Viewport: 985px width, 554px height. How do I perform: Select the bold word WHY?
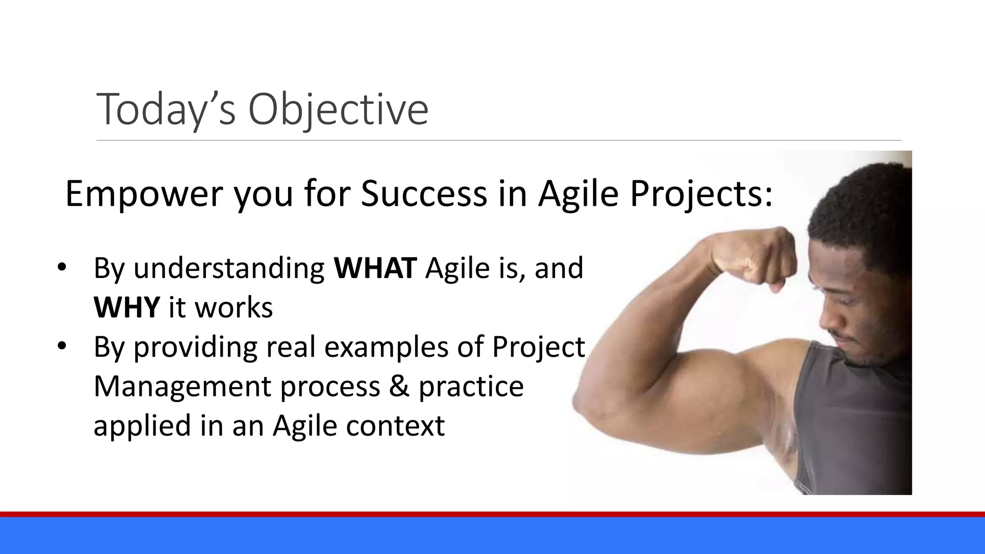[x=126, y=307]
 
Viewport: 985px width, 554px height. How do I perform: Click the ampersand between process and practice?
[x=399, y=386]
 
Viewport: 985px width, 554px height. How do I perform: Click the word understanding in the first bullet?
[x=229, y=268]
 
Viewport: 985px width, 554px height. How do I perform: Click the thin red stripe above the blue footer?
[x=492, y=514]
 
